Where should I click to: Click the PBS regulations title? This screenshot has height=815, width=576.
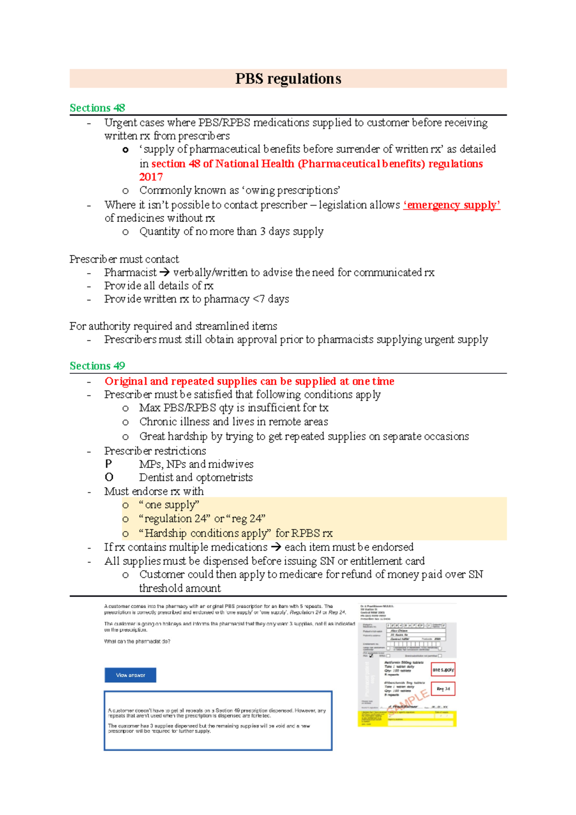click(288, 79)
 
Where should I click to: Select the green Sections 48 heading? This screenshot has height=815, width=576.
click(97, 108)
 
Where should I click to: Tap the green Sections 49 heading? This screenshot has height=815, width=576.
click(97, 366)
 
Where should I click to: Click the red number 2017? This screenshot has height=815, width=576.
click(151, 177)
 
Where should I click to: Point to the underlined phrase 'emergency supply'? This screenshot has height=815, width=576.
click(452, 205)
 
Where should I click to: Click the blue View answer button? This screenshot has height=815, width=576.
click(131, 675)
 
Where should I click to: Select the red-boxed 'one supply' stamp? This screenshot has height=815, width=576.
click(443, 670)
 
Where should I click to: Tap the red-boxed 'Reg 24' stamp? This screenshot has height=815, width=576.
click(443, 689)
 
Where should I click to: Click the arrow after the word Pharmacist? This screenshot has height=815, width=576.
click(165, 273)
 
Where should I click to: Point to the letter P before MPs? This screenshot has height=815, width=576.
click(108, 464)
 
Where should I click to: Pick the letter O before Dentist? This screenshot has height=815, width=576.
click(109, 478)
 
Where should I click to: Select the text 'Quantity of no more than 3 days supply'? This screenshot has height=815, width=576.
click(231, 232)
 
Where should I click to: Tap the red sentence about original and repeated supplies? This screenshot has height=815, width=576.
click(249, 381)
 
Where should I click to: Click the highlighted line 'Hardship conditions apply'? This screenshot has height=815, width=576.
click(235, 533)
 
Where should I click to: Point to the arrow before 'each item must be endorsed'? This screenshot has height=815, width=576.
click(276, 547)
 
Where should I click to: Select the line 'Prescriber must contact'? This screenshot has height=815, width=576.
click(124, 259)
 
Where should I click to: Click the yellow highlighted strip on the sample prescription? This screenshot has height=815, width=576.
click(407, 718)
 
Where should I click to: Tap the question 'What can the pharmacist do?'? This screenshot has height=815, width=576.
click(137, 641)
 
